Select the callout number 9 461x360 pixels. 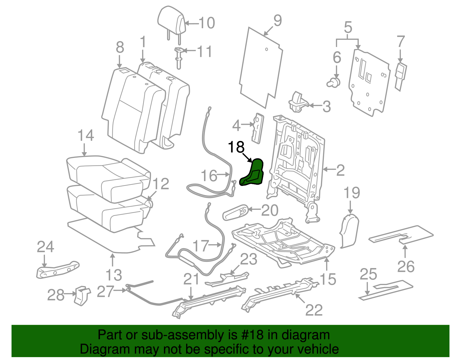277,21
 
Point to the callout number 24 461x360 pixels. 46,247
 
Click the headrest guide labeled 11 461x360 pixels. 179,58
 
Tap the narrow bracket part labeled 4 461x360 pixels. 258,128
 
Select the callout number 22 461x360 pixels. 314,310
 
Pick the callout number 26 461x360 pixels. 406,266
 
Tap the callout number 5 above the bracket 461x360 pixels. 348,27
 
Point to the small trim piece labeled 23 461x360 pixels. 228,278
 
